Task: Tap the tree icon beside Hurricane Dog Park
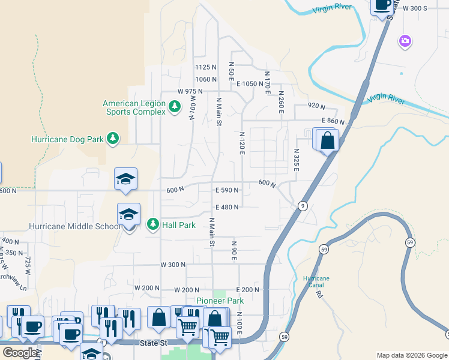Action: pos(112,139)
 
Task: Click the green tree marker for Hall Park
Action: pos(152,224)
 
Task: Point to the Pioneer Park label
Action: pos(220,301)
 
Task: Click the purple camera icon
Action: pos(405,41)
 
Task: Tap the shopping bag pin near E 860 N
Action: pos(328,142)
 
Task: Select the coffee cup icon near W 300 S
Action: pos(382,5)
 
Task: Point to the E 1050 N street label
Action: pos(250,84)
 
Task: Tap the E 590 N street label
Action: pos(227,190)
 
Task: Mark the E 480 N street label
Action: pos(227,207)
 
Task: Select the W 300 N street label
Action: pos(172,264)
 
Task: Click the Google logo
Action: pos(20,353)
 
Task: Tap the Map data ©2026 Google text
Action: pos(411,355)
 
